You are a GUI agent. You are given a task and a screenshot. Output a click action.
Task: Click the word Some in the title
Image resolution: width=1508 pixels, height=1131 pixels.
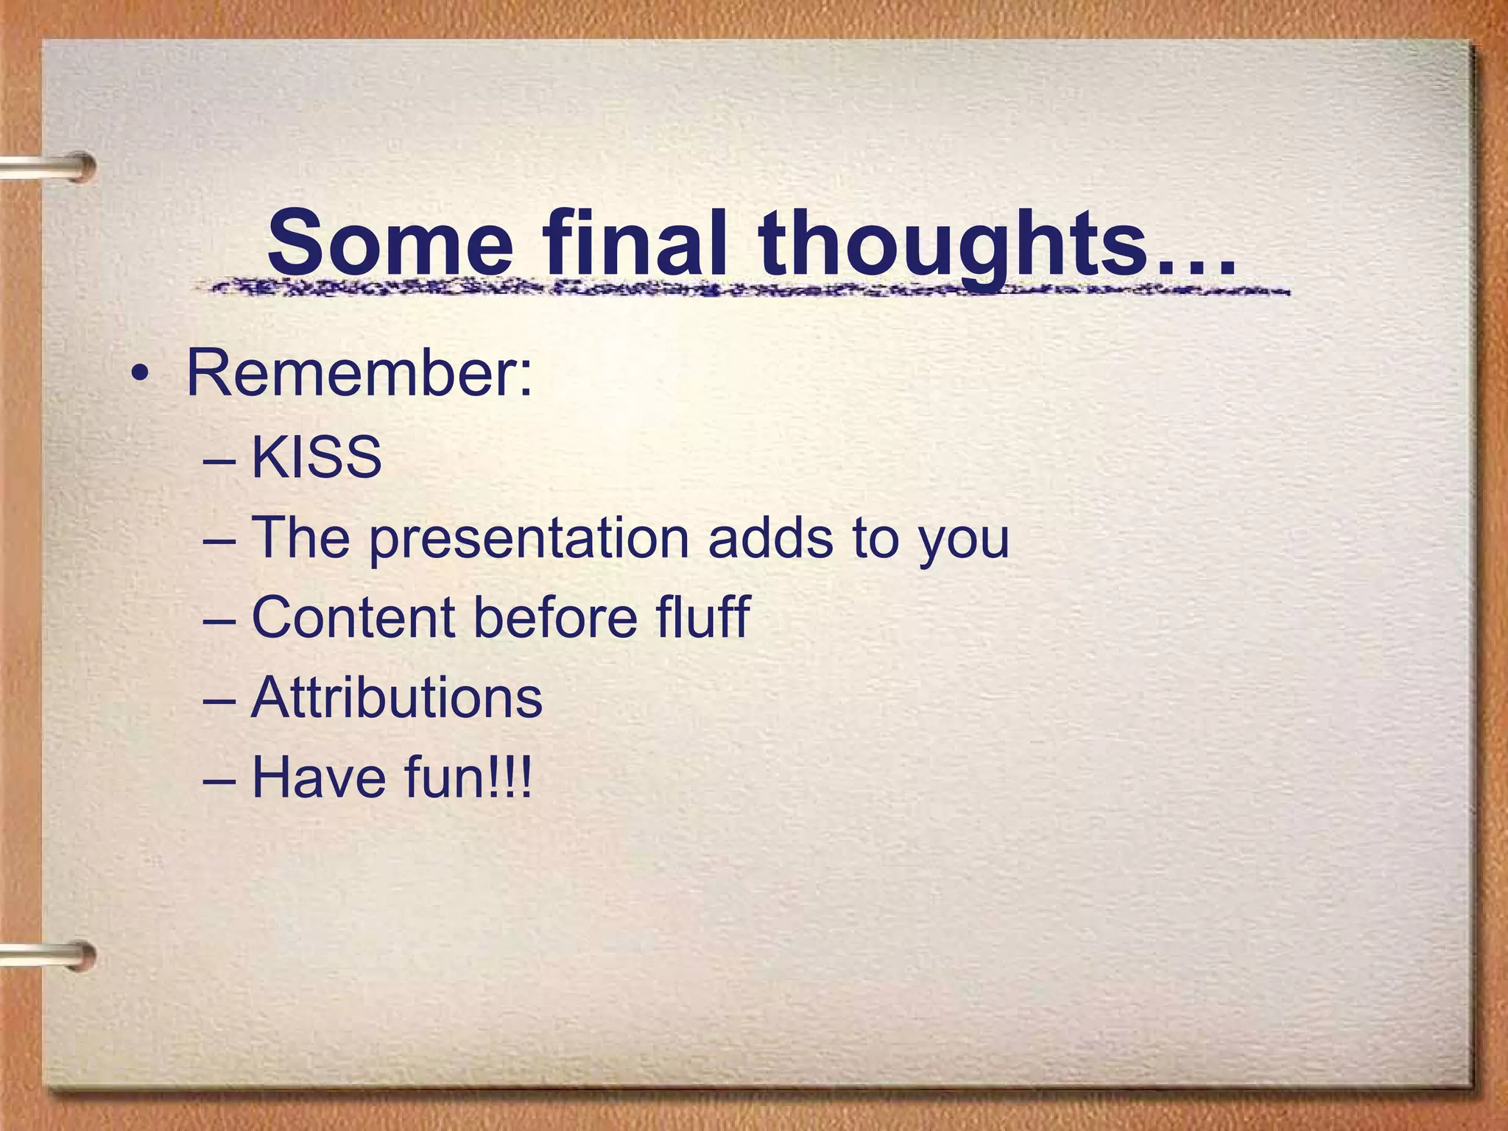(x=390, y=243)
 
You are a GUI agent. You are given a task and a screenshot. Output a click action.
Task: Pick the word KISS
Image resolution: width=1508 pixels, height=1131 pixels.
(x=317, y=458)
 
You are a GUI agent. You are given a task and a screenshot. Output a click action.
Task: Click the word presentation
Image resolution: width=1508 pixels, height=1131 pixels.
(x=529, y=539)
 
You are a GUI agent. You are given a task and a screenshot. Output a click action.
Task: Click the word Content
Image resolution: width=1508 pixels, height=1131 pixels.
(x=353, y=617)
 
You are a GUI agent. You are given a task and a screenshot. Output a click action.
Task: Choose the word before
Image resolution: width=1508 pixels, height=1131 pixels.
(x=555, y=617)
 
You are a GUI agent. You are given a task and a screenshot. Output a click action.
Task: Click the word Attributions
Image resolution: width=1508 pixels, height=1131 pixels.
(x=397, y=697)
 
